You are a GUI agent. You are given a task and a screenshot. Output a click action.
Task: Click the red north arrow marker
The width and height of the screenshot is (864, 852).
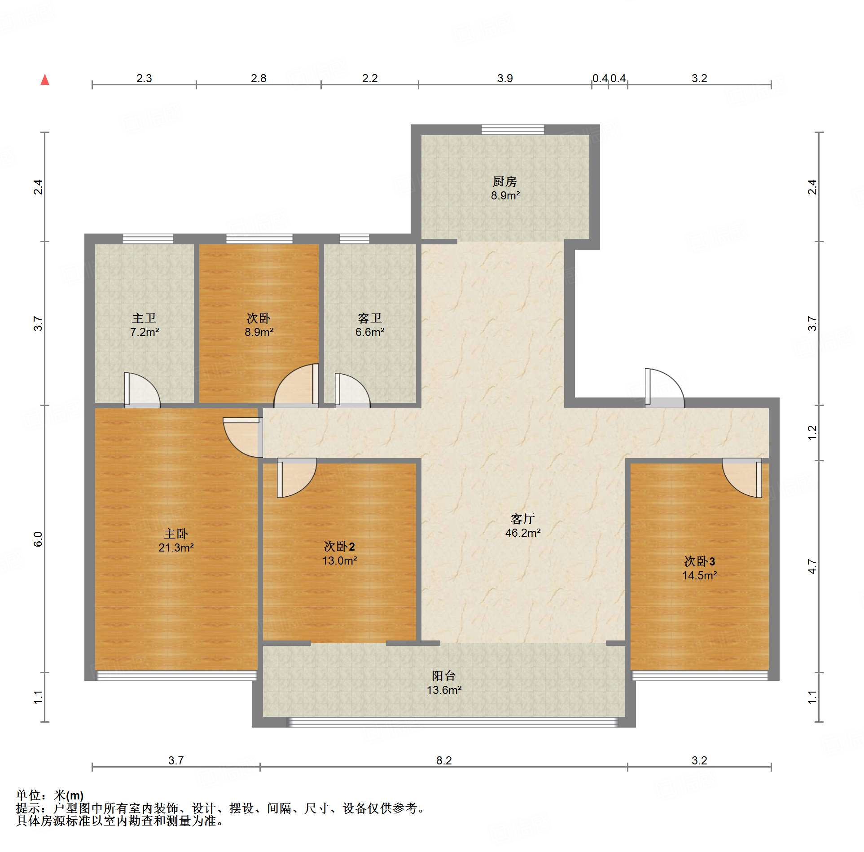pos(45,80)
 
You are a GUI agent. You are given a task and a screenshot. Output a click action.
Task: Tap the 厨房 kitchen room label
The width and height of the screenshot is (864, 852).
pos(505,181)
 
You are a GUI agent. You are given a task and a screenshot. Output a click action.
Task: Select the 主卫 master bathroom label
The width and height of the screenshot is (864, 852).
pos(144,318)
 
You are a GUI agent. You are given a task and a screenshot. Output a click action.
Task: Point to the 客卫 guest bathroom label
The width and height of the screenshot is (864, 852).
pos(370,318)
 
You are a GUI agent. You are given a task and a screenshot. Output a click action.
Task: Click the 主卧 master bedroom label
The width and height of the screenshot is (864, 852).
pos(176,534)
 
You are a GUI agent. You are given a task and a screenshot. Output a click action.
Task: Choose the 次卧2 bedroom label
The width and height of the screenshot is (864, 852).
pos(339,547)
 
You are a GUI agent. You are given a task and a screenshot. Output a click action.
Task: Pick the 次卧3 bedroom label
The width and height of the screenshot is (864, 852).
pos(700,561)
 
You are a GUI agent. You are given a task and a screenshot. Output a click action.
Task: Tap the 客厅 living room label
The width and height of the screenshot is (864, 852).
pos(523,519)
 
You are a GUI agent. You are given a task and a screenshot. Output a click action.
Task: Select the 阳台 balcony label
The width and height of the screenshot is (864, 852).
pos(444,676)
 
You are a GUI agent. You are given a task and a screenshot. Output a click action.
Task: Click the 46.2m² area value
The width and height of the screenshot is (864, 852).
pos(523,533)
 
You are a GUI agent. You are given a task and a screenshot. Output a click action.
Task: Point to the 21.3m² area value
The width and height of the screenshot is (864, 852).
pos(176,548)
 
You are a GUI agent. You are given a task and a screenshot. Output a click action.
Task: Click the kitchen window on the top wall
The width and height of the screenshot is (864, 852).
pos(513,129)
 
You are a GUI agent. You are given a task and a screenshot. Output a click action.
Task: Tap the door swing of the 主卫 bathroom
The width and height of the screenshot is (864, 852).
pos(142,390)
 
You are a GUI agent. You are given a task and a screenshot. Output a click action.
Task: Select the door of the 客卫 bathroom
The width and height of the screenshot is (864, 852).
pos(353,390)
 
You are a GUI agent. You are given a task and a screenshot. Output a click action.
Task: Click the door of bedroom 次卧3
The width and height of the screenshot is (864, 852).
pos(742,478)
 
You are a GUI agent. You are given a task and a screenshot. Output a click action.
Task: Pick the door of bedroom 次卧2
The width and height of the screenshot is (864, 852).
pos(297,478)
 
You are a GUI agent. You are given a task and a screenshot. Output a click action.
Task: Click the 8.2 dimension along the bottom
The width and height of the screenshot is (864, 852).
pos(444,760)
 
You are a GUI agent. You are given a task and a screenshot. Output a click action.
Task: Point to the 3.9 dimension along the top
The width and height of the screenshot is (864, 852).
pos(505,78)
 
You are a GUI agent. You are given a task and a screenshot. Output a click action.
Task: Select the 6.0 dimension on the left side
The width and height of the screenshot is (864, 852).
pos(38,539)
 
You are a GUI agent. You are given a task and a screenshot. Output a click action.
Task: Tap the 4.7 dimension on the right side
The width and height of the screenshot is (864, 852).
pos(812,567)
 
